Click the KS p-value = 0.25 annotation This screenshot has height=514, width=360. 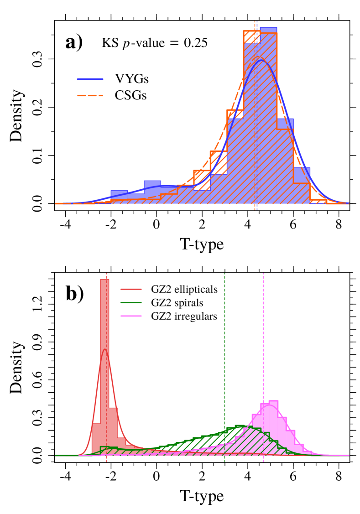point(154,44)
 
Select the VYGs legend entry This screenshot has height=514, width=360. point(132,80)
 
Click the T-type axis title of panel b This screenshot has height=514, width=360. point(202,495)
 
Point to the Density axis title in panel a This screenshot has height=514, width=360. point(17,116)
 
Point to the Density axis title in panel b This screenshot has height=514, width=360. point(17,368)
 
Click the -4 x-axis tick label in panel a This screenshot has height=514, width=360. point(66,225)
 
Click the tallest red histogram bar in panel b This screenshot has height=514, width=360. point(104,365)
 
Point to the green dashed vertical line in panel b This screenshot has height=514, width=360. point(224,365)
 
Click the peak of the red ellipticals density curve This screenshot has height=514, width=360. point(104,350)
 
